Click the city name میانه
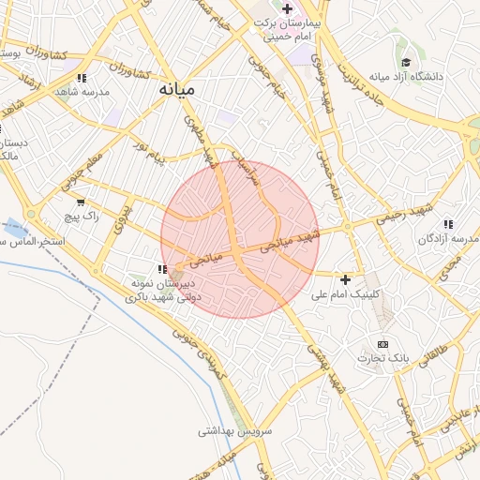click(x=174, y=89)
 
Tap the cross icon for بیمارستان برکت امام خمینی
click(x=287, y=8)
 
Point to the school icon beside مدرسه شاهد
click(x=82, y=78)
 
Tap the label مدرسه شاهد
click(x=82, y=92)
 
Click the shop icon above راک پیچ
click(x=80, y=202)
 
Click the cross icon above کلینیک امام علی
click(x=346, y=279)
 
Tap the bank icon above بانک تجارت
click(x=382, y=344)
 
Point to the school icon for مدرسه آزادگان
click(x=449, y=224)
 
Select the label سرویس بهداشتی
click(x=234, y=431)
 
